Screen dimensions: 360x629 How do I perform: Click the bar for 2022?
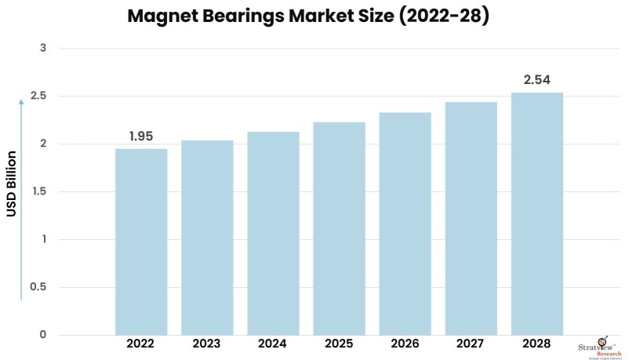pyautogui.click(x=141, y=242)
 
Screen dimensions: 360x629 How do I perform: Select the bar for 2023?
pyautogui.click(x=207, y=238)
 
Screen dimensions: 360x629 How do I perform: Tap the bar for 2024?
pyautogui.click(x=273, y=233)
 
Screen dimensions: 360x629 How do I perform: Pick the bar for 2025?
pyautogui.click(x=339, y=228)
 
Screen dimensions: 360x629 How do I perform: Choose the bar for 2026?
pyautogui.click(x=405, y=224)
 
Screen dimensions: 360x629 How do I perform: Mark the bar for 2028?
pyautogui.click(x=537, y=213)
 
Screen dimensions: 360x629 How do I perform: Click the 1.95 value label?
pyautogui.click(x=141, y=136)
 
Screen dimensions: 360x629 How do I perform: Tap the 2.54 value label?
pyautogui.click(x=537, y=80)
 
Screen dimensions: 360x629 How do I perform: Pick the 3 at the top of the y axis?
pyautogui.click(x=43, y=49)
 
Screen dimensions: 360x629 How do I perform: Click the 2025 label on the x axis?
pyautogui.click(x=339, y=344)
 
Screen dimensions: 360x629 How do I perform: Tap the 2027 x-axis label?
pyautogui.click(x=471, y=344)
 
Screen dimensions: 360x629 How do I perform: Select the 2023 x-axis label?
pyautogui.click(x=207, y=344)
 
